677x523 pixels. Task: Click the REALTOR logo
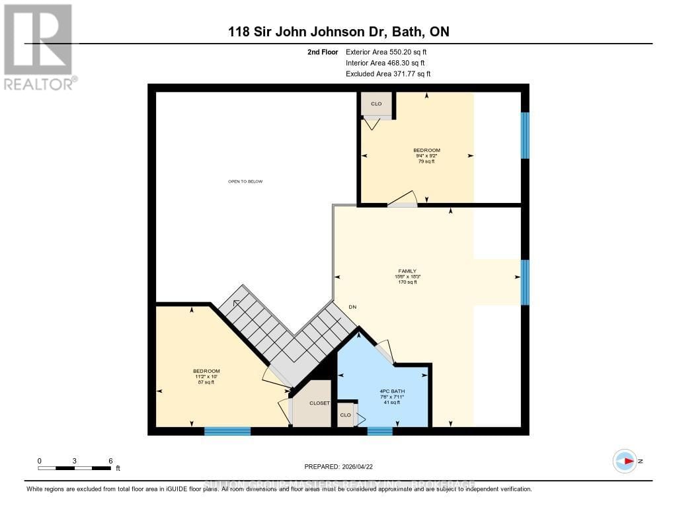[38, 46]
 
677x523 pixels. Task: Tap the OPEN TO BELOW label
[245, 181]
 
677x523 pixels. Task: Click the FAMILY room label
[407, 271]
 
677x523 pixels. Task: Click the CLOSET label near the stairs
[319, 403]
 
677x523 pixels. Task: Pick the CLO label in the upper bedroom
[376, 104]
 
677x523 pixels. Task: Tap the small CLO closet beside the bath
[345, 415]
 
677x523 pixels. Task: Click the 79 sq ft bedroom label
[426, 155]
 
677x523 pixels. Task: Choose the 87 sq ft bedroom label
[206, 377]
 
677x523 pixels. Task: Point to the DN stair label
[353, 307]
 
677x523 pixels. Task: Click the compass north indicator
[625, 461]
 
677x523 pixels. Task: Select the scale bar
[75, 468]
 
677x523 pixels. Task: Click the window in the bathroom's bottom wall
[379, 431]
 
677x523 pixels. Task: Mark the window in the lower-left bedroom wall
[227, 431]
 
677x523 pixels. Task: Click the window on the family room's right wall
[525, 282]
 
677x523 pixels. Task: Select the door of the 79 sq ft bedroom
[403, 201]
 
